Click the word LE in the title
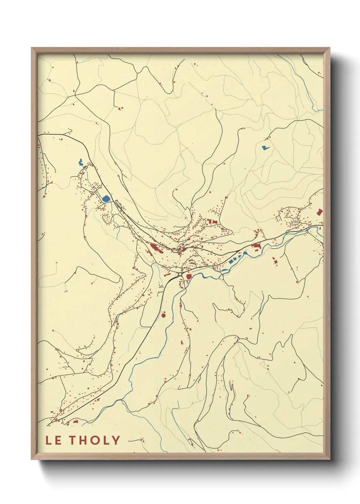[x=53, y=440]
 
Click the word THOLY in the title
[x=95, y=440]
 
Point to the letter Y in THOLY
[x=116, y=440]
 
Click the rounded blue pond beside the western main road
[x=106, y=199]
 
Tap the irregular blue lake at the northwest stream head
[x=81, y=163]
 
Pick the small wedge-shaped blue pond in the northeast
[x=264, y=148]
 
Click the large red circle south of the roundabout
[x=163, y=315]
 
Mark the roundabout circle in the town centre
[x=180, y=274]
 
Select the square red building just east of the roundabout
[x=189, y=277]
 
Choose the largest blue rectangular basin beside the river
[x=232, y=261]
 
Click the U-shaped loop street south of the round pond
[x=106, y=218]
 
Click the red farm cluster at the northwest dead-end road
[x=120, y=109]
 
